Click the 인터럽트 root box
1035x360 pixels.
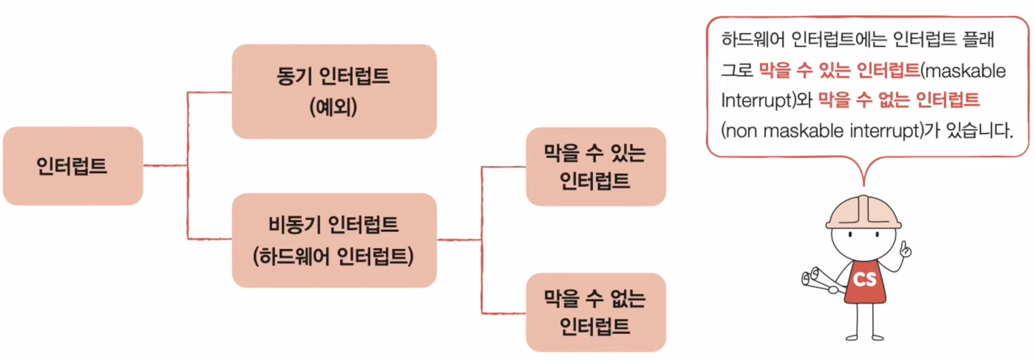coord(72,166)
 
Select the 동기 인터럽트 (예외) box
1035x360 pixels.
coord(334,91)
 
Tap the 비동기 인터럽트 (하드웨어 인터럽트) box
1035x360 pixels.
coord(334,240)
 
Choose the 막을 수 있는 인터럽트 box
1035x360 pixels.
coord(595,166)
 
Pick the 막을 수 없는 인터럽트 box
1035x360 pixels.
coord(595,312)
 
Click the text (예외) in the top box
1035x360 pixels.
coord(334,108)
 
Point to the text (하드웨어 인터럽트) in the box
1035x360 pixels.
coord(334,257)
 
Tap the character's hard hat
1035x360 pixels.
coord(863,211)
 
